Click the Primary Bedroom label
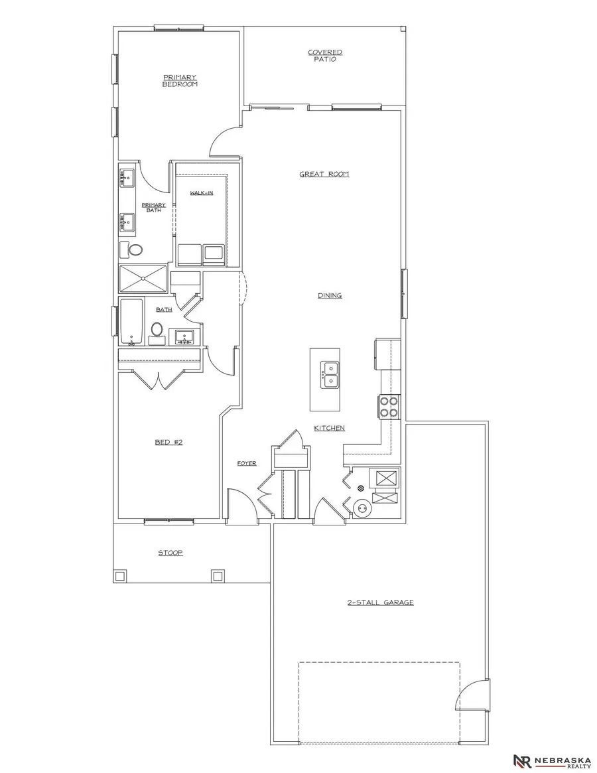(x=180, y=81)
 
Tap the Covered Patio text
(x=325, y=55)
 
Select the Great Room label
(x=324, y=175)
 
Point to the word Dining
(x=330, y=295)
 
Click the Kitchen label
(x=330, y=428)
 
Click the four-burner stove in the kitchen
(x=387, y=406)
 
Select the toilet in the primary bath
(x=135, y=250)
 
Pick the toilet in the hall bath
(x=157, y=329)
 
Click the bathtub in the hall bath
(x=131, y=322)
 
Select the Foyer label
(x=247, y=463)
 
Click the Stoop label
(x=170, y=552)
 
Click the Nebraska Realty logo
(x=553, y=761)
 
